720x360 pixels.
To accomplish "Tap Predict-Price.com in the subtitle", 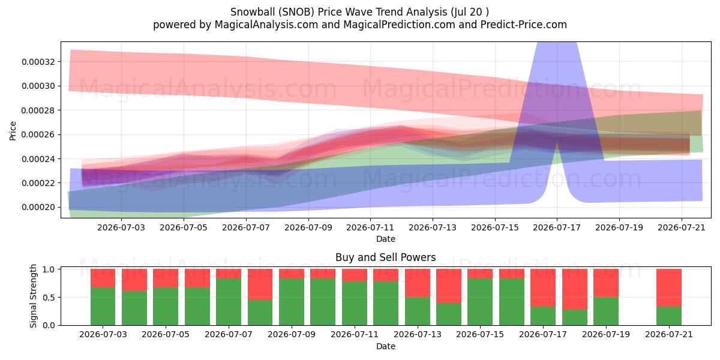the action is [524, 25].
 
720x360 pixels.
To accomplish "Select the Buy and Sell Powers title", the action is [386, 257].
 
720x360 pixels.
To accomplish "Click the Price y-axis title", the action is [13, 131].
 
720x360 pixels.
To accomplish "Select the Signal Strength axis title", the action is [33, 296].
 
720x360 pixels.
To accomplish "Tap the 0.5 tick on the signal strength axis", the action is [49, 298].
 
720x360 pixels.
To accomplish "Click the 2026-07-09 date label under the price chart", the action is [308, 227].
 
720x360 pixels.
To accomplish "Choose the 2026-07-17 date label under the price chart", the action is [557, 227].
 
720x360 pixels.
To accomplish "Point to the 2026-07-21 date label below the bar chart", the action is [669, 335].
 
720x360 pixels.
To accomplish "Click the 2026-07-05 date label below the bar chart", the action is [166, 335].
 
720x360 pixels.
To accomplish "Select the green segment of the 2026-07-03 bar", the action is [103, 307].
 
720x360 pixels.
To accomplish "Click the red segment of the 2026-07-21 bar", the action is [669, 287].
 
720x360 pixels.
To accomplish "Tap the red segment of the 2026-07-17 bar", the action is [543, 287].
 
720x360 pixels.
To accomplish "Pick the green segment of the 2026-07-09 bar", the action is [292, 302].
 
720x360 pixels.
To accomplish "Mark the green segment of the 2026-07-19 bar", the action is [606, 311].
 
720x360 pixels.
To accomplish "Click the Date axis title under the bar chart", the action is [386, 347].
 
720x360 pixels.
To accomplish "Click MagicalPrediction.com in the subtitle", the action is [399, 25].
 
